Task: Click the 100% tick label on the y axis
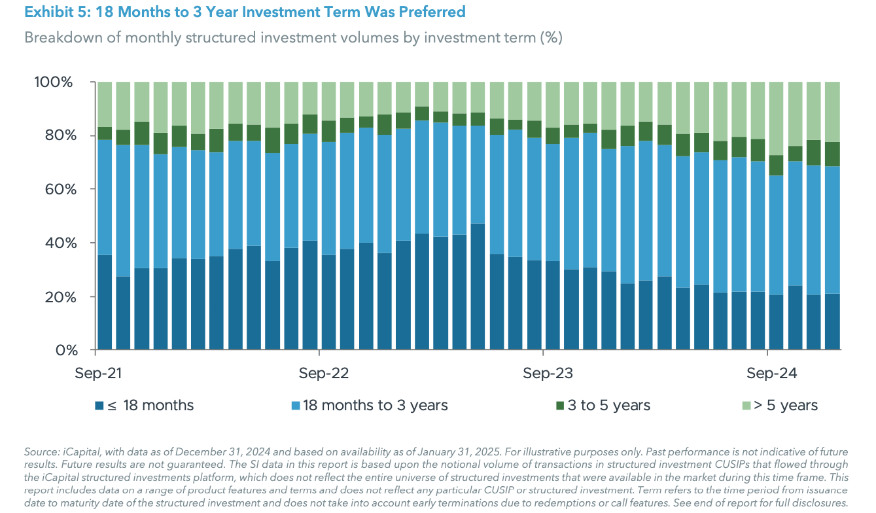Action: coord(53,82)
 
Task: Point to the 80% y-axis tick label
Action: coord(57,136)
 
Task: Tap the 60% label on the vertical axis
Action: coord(57,190)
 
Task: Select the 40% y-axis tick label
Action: coord(57,243)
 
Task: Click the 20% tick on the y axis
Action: coord(57,297)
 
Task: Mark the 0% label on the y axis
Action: coord(61,350)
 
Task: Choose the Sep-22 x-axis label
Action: coord(324,374)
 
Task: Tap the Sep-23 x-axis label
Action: coord(548,374)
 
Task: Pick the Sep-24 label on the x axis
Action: coord(772,374)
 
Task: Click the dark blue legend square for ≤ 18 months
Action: coord(99,406)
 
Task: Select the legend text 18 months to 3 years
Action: coord(375,406)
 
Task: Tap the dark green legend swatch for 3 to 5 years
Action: coord(559,406)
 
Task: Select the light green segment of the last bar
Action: coord(832,112)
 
